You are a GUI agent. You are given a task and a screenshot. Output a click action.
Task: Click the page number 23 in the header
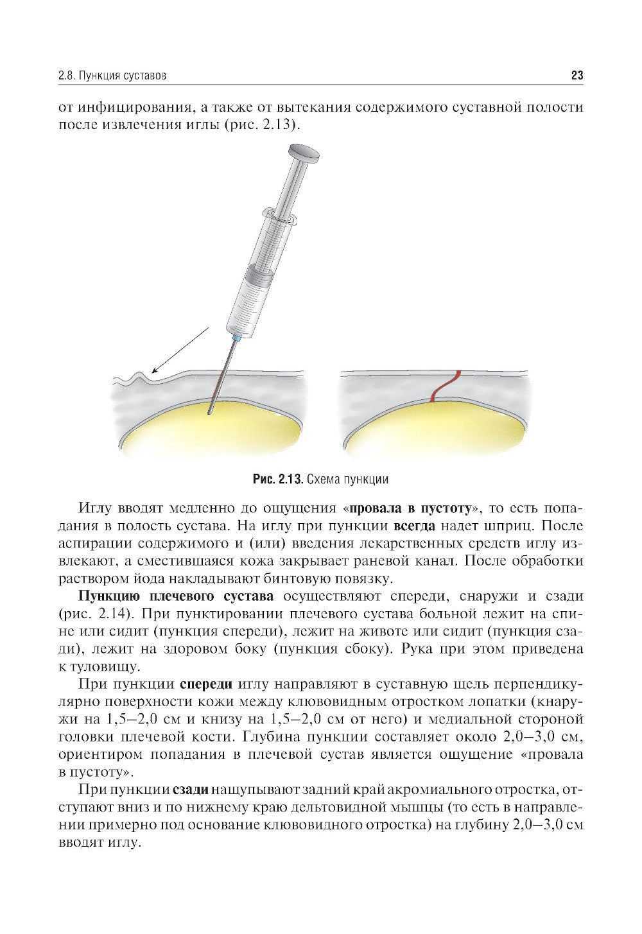click(576, 76)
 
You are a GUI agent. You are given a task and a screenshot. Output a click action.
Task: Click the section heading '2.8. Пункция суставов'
click(112, 76)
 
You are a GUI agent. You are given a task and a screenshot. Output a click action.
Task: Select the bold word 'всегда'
click(413, 526)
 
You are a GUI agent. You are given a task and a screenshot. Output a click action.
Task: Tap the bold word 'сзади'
click(191, 788)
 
